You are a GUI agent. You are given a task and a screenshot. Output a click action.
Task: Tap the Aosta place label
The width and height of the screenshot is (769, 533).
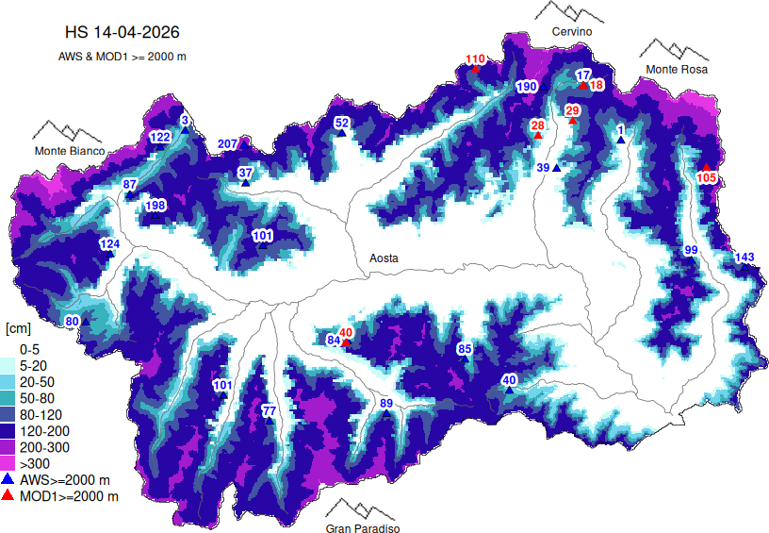(384, 258)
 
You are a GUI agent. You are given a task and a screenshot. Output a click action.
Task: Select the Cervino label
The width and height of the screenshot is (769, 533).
(572, 32)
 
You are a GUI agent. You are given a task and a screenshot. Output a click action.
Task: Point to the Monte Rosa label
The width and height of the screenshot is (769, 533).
(676, 69)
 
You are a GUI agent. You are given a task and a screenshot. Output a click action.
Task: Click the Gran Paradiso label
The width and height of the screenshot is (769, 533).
(363, 529)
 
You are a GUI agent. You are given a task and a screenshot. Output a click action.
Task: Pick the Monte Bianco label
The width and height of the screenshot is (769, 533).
(70, 151)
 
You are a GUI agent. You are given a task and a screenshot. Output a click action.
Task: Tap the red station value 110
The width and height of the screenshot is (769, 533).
(475, 59)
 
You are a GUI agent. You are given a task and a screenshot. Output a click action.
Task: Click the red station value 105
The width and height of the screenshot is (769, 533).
(707, 177)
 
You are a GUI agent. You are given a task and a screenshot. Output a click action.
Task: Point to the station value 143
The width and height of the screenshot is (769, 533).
(744, 258)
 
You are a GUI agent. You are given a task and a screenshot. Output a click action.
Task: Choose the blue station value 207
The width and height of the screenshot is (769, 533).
(228, 143)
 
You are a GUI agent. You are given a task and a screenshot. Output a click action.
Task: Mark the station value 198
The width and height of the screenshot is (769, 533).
(155, 206)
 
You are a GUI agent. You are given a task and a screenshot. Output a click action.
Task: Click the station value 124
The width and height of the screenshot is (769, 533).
(110, 244)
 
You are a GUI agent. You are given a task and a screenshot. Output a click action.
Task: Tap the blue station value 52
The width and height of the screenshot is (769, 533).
(342, 123)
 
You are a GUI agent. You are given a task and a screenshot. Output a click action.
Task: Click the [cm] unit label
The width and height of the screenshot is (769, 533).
(19, 328)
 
